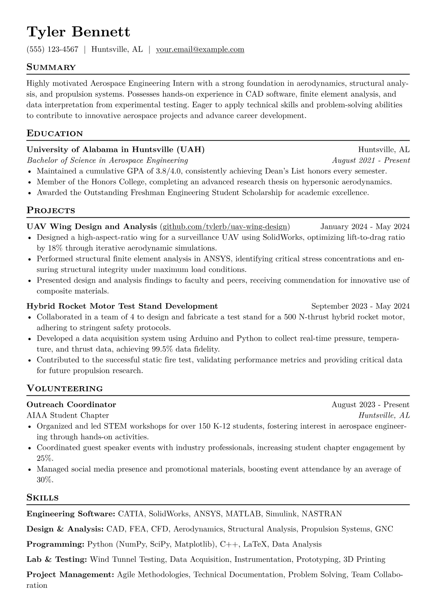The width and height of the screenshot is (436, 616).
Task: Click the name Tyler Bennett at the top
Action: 78,32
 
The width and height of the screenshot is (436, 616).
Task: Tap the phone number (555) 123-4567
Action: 52,49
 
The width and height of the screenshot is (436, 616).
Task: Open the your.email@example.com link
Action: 200,49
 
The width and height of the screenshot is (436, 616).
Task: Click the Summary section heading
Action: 51,67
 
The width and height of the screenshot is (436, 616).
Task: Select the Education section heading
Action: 55,134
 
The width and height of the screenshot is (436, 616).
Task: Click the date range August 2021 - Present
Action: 371,160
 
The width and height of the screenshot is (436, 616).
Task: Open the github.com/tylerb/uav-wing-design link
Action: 225,227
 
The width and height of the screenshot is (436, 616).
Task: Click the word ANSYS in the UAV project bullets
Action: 217,259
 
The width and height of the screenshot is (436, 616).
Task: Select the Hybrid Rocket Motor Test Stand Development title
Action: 122,306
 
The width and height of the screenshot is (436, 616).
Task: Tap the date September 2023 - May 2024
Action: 360,306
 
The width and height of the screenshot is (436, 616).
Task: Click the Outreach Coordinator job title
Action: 71,404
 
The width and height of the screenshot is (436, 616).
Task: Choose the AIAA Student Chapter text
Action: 68,415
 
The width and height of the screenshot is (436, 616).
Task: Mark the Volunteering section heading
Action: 65,389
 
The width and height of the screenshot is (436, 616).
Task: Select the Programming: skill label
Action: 56,544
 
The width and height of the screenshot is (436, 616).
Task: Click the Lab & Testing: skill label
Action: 57,560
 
